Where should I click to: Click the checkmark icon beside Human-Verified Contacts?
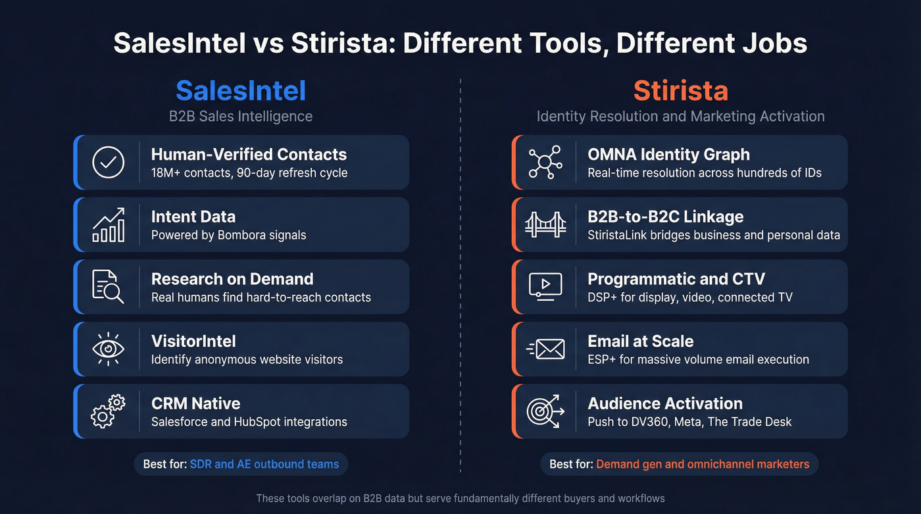109,163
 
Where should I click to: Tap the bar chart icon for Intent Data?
109,225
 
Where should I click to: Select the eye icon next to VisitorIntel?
109,349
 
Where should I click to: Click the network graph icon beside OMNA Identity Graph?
545,163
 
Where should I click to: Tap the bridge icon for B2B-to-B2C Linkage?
545,225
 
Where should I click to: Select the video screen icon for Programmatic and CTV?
545,287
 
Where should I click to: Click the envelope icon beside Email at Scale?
546,349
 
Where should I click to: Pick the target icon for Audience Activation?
545,411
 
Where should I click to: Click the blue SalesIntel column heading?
241,91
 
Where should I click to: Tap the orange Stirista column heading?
680,91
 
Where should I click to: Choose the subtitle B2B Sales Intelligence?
241,116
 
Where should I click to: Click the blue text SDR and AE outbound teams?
264,464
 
